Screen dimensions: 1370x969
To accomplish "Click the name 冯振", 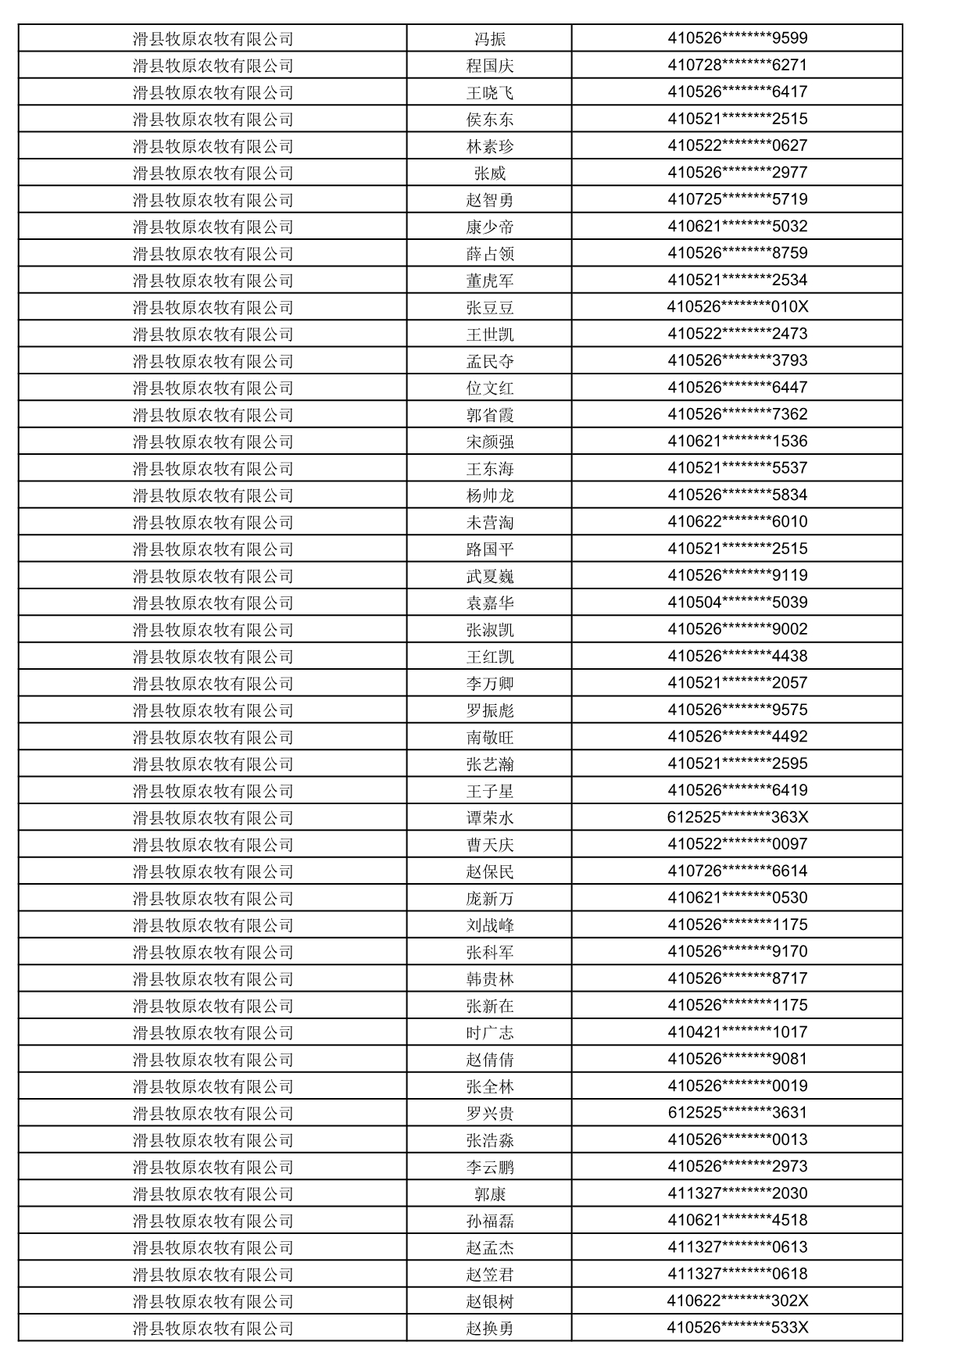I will pyautogui.click(x=490, y=39).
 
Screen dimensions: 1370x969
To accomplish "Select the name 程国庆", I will pyautogui.click(x=490, y=66).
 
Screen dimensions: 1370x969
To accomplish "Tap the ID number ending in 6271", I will pyautogui.click(x=737, y=65).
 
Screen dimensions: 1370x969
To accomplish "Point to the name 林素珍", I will pyautogui.click(x=490, y=146).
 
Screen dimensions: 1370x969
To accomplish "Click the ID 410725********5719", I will pyautogui.click(x=737, y=199).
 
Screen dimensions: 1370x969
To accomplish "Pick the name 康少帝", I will pyautogui.click(x=490, y=227).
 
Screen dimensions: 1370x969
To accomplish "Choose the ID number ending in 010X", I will pyautogui.click(x=737, y=306).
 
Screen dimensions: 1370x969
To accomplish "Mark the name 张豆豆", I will pyautogui.click(x=490, y=307).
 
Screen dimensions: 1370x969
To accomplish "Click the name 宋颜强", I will pyautogui.click(x=490, y=442).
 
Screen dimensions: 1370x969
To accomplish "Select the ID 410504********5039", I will pyautogui.click(x=737, y=602).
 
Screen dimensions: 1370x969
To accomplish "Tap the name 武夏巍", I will pyautogui.click(x=490, y=576).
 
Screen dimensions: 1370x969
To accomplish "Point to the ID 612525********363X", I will pyautogui.click(x=737, y=817).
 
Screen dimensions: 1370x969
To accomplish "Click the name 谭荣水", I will pyautogui.click(x=490, y=817).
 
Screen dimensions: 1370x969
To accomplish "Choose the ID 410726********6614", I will pyautogui.click(x=737, y=871).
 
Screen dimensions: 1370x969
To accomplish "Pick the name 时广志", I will pyautogui.click(x=490, y=1032).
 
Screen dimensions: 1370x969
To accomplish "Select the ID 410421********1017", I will pyautogui.click(x=737, y=1032).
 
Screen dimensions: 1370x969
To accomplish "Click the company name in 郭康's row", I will pyautogui.click(x=213, y=1193).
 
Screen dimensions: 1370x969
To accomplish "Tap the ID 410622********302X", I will pyautogui.click(x=737, y=1300).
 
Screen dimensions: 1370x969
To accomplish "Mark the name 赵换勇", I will pyautogui.click(x=490, y=1328).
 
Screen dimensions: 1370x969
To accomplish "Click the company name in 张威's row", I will pyautogui.click(x=213, y=173).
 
